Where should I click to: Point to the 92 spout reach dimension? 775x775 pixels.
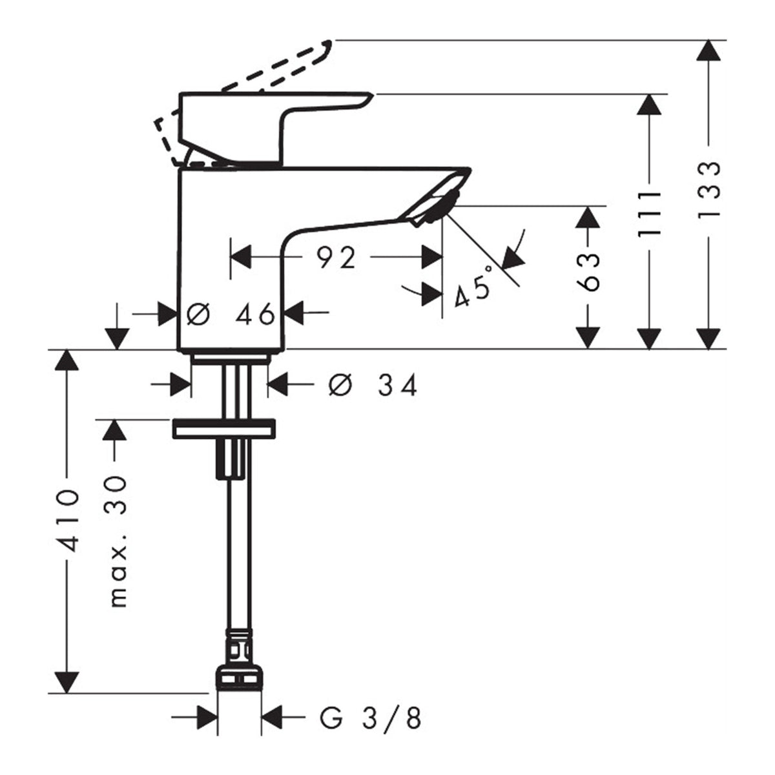tap(336, 258)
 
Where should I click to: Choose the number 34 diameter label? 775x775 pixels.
tap(397, 385)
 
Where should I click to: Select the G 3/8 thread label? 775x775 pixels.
tap(371, 716)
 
